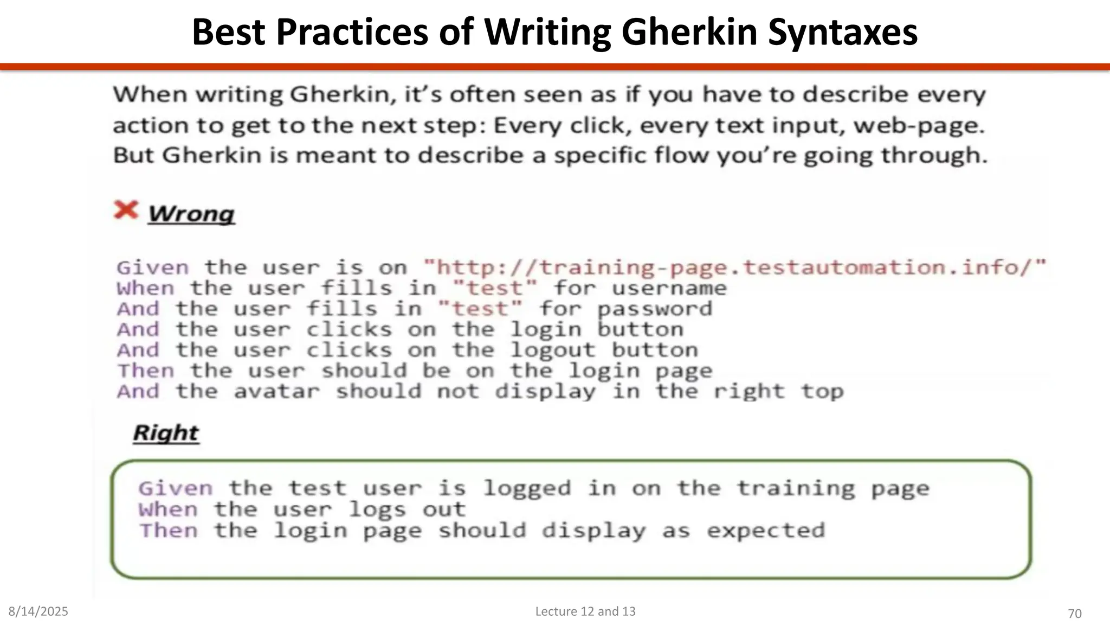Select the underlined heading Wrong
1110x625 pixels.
tap(191, 214)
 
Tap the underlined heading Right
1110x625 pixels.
tap(166, 433)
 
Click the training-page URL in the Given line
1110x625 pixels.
tap(734, 267)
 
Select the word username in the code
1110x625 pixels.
tap(669, 288)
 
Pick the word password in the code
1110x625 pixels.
tap(655, 309)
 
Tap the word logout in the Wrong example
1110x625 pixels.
tap(553, 350)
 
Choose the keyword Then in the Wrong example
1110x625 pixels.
tap(146, 371)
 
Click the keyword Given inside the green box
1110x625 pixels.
tap(176, 488)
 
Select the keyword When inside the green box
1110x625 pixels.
tap(168, 509)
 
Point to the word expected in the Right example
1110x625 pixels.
tap(766, 531)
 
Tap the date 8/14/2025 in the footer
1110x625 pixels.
tap(38, 611)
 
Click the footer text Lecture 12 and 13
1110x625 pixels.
tap(585, 611)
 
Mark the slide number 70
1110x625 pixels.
tap(1074, 614)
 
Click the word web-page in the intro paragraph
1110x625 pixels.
tap(919, 126)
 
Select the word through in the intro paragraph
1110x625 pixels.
tap(934, 156)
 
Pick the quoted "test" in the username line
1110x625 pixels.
tap(495, 288)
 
